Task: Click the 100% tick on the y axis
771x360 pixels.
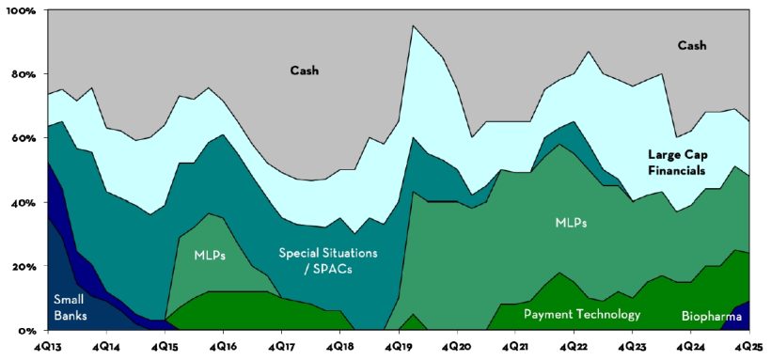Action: point(20,10)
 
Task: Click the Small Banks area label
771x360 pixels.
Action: point(71,306)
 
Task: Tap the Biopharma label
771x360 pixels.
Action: point(711,317)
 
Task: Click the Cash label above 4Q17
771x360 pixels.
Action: point(304,70)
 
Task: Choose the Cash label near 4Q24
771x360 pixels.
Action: point(691,45)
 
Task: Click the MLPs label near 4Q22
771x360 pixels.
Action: point(570,223)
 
